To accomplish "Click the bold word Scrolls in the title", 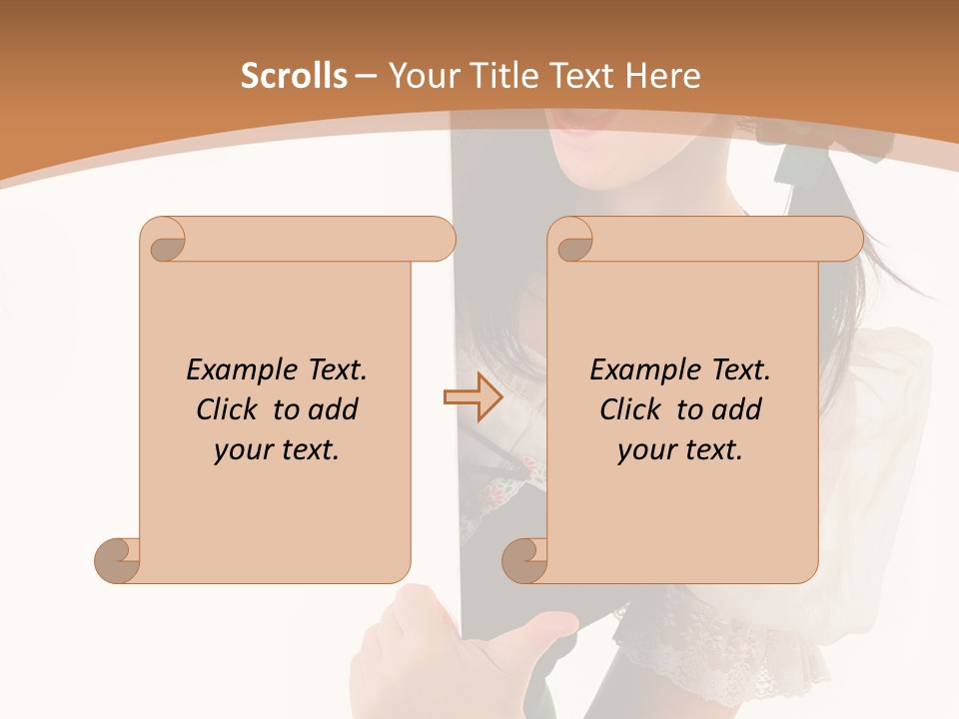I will [x=294, y=76].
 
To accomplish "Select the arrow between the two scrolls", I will [x=473, y=397].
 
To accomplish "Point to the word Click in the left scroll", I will [x=230, y=409].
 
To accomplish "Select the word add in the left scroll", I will [x=334, y=409].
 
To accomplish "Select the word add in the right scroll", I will [x=737, y=409].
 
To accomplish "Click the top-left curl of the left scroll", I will [x=164, y=240].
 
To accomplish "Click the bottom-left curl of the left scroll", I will [x=118, y=560].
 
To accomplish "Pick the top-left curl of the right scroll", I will [x=571, y=240].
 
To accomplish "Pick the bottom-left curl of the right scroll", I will [x=525, y=560].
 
